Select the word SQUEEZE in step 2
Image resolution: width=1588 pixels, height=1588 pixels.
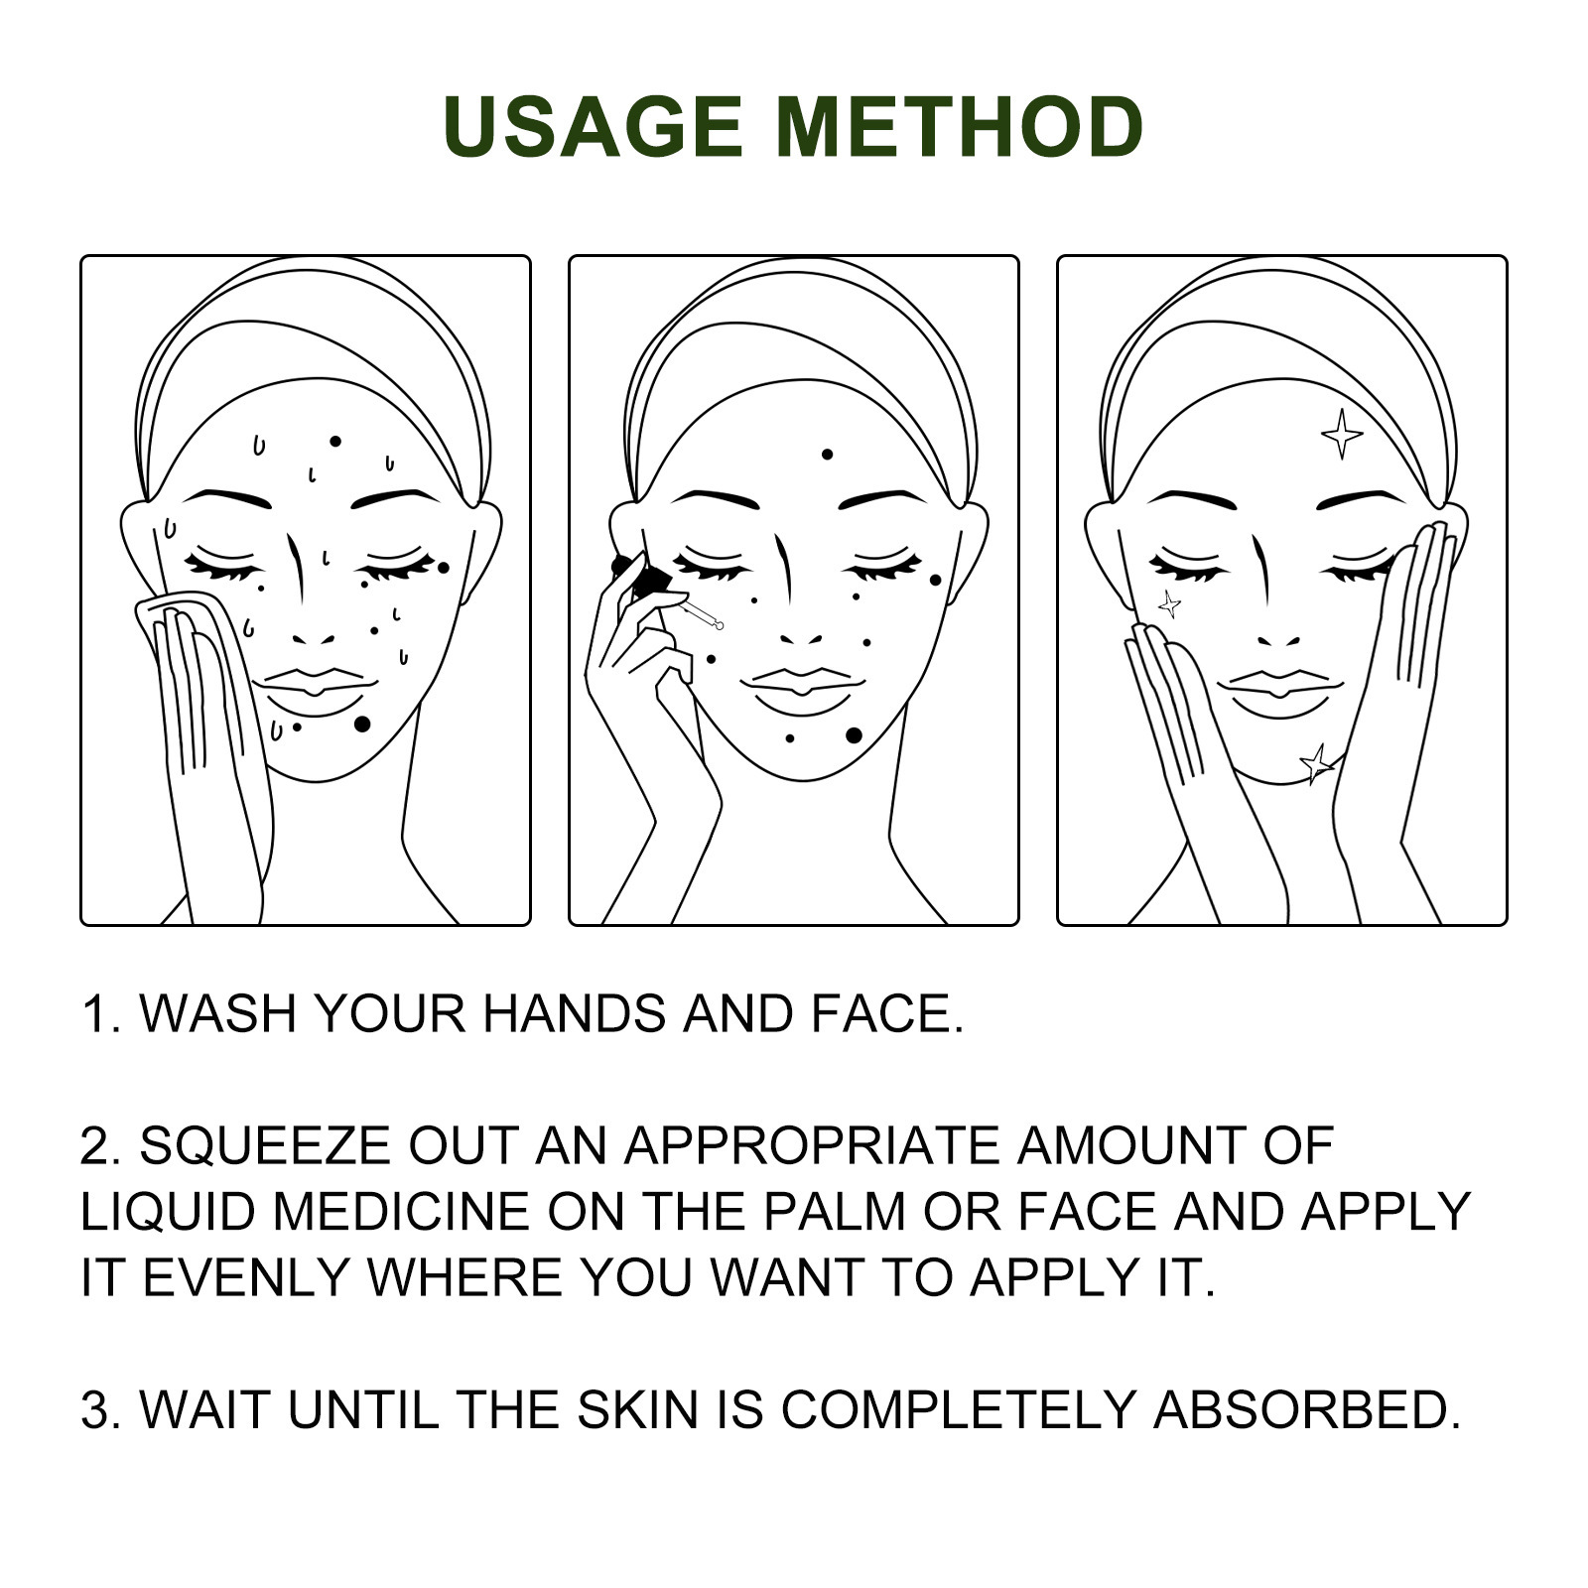(266, 1145)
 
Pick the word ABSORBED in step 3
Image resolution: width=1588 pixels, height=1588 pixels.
(1306, 1409)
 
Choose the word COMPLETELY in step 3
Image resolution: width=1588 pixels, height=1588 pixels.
(959, 1409)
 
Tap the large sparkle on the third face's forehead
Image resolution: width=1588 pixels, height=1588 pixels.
(1342, 434)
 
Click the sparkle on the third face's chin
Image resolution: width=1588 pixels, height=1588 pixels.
(1317, 763)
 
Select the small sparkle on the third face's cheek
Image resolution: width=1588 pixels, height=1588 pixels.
(1170, 603)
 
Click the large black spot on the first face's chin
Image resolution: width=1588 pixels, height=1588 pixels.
(362, 725)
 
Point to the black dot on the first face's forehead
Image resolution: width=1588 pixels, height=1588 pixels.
(335, 442)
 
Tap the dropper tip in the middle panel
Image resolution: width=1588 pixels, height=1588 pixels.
(719, 624)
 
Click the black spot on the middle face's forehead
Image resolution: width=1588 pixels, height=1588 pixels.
(827, 455)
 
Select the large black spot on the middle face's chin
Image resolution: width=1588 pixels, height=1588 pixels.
(854, 735)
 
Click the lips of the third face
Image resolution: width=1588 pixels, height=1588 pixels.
(1280, 693)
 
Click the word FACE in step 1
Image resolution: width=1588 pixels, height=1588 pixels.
(887, 1013)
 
